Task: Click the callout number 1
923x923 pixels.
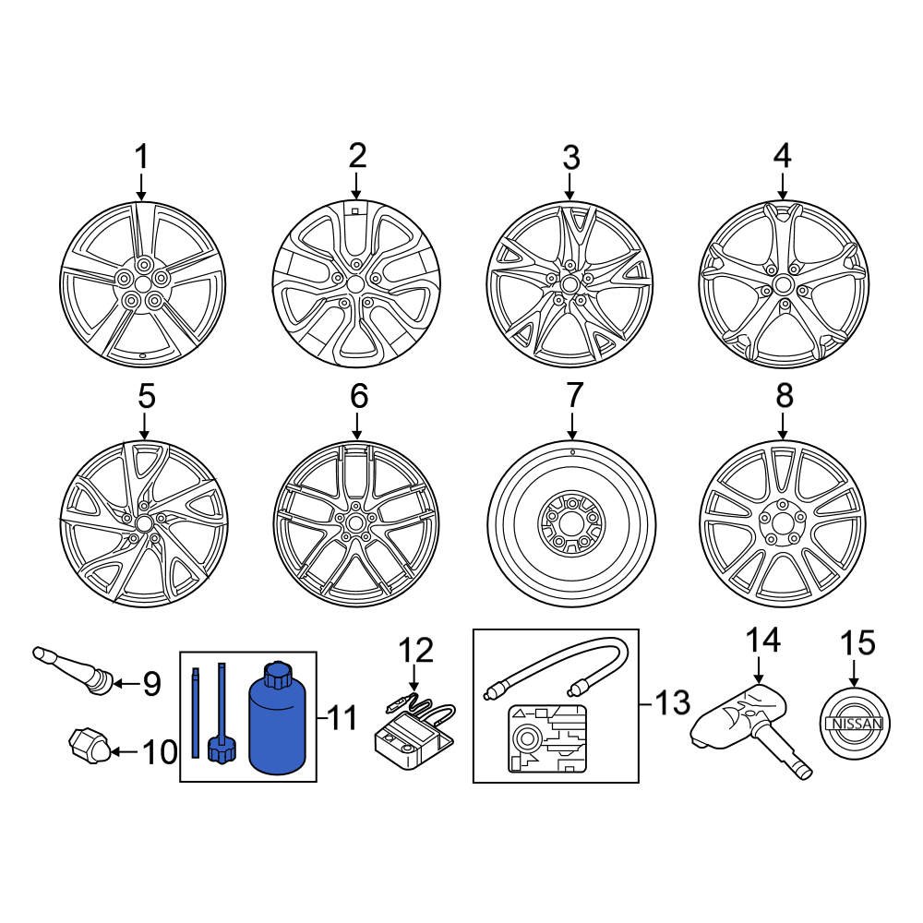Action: point(141,158)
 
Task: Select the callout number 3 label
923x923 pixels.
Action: point(571,158)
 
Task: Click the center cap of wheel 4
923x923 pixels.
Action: point(783,283)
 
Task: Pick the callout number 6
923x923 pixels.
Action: point(358,397)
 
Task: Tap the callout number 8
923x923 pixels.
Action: point(784,397)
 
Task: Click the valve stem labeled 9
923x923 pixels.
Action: point(74,669)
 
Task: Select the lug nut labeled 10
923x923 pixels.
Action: point(90,744)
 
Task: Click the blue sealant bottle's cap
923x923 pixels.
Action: point(277,677)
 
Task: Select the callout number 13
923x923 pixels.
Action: point(671,703)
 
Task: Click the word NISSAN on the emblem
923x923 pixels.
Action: point(857,725)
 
